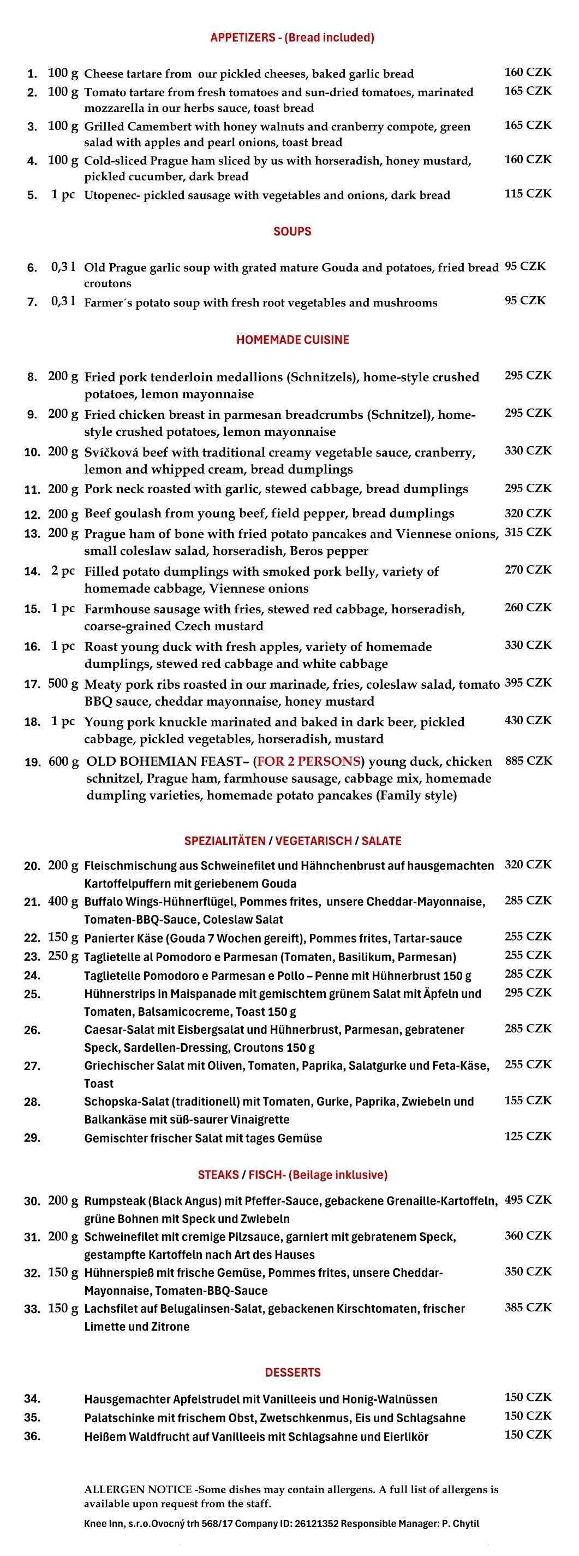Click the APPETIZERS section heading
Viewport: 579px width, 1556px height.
291,38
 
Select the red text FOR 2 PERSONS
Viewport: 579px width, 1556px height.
308,761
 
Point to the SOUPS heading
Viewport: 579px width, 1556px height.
292,232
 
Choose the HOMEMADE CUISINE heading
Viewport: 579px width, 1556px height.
292,340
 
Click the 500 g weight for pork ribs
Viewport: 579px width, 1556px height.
63,684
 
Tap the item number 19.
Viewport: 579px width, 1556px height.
33,762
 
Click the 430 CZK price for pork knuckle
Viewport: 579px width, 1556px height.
528,720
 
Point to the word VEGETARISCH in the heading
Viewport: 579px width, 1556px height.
313,841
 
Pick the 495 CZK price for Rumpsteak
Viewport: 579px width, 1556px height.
528,1199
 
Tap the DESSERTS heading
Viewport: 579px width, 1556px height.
292,1372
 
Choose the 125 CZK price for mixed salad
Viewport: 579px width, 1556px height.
528,1136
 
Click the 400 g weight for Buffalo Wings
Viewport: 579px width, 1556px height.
63,901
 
